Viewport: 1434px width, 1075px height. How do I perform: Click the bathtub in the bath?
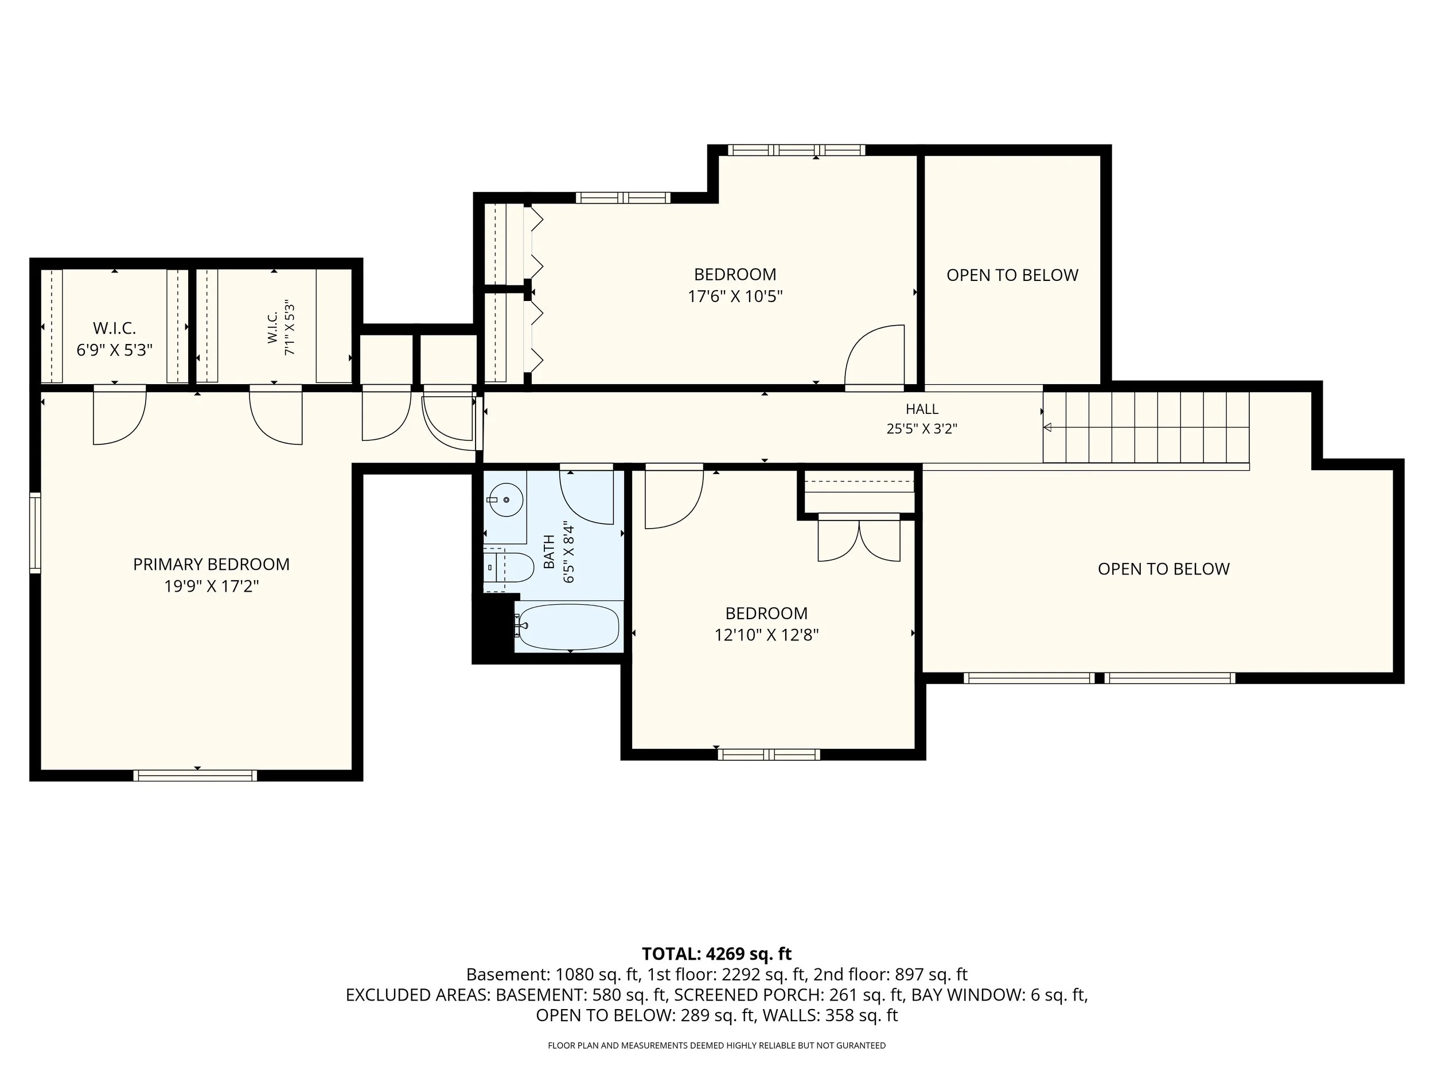tap(568, 627)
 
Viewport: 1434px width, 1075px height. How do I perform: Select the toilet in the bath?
tap(508, 567)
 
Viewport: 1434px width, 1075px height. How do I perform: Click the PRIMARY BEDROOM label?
tap(211, 564)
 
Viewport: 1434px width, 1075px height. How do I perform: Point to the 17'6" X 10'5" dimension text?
tap(735, 296)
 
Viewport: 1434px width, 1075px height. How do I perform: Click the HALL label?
tap(922, 409)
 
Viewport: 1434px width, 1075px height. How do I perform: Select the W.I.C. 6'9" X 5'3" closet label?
tap(114, 339)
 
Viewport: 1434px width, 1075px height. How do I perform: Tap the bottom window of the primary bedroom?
tap(195, 776)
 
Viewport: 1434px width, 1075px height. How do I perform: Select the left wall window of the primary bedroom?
tap(35, 533)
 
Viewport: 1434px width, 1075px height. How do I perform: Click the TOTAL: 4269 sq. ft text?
tap(716, 954)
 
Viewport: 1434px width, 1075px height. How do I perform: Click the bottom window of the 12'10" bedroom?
tap(769, 755)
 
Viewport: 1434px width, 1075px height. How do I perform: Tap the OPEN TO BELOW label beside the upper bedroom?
tap(1012, 275)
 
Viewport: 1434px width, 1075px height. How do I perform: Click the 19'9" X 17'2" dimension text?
tap(211, 587)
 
